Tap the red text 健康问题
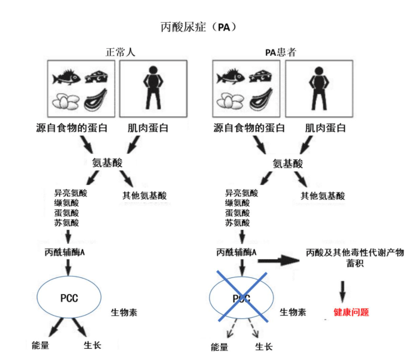(x=351, y=312)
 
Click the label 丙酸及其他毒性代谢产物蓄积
(x=355, y=258)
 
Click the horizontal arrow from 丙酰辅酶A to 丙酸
(x=278, y=260)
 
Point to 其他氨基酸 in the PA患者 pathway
(x=323, y=196)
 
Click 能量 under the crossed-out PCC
(x=220, y=347)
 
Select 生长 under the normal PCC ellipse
(x=92, y=345)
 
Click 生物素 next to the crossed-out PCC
(x=293, y=312)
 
